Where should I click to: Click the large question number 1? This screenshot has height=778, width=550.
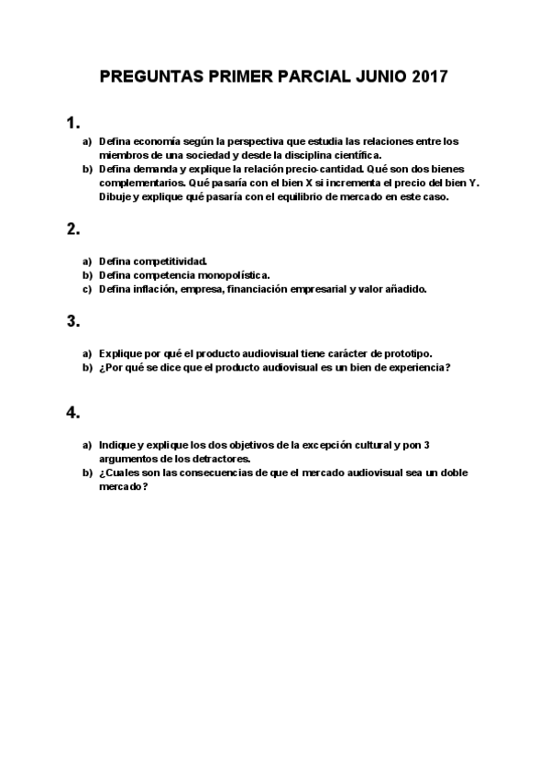click(72, 122)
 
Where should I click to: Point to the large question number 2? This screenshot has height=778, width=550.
click(72, 230)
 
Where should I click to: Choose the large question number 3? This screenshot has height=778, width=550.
click(72, 321)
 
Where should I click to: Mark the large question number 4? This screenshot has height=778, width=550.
click(72, 413)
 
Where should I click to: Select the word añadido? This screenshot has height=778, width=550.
click(404, 289)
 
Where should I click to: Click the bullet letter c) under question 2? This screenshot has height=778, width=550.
click(87, 289)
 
